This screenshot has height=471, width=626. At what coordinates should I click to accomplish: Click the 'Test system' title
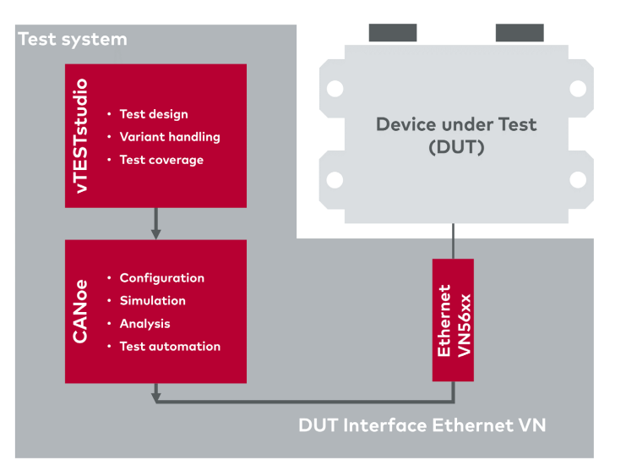[x=73, y=40]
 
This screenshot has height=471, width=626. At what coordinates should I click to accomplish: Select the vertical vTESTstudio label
[x=80, y=136]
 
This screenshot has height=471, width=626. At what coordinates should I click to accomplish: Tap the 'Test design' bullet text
[x=154, y=114]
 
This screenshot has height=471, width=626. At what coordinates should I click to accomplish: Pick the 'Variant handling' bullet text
[x=170, y=137]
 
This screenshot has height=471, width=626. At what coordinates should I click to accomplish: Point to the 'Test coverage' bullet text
[x=161, y=160]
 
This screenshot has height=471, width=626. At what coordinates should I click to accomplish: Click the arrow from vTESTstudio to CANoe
[x=156, y=223]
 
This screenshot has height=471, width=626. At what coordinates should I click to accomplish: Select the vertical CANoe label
[x=80, y=311]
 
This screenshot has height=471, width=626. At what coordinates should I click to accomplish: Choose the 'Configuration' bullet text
[x=162, y=278]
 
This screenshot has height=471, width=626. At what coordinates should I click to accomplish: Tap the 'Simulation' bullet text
[x=153, y=300]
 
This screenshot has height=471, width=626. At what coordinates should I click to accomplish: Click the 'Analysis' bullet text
[x=145, y=324]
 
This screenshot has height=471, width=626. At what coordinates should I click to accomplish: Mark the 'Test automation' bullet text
[x=170, y=347]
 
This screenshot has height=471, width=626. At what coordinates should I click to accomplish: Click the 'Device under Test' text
[x=456, y=124]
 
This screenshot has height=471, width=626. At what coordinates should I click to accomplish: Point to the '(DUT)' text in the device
[x=456, y=147]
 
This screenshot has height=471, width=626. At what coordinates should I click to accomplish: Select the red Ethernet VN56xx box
[x=453, y=320]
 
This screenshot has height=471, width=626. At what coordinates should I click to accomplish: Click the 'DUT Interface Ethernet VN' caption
[x=422, y=425]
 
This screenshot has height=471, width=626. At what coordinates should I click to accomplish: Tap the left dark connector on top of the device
[x=393, y=32]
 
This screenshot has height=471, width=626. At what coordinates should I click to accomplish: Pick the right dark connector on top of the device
[x=520, y=32]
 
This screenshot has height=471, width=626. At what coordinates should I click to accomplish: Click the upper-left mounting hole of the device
[x=335, y=89]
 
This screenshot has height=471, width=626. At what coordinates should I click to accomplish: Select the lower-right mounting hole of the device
[x=578, y=180]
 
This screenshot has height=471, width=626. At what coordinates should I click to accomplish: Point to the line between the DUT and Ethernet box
[x=453, y=241]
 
